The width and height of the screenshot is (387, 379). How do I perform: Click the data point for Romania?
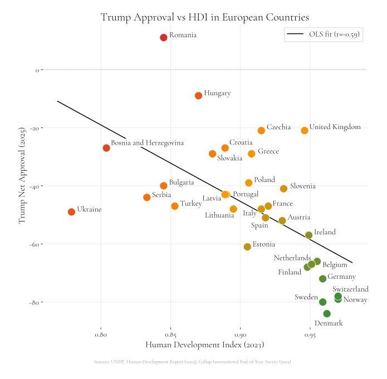pos(164,37)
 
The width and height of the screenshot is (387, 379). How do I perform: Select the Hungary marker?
pos(198,96)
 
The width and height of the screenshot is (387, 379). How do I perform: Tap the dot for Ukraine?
pos(71,212)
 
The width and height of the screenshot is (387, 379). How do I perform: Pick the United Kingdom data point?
pos(305,131)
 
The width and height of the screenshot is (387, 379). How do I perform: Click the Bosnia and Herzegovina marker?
pos(106,148)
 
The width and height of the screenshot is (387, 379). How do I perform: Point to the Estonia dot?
pos(247,247)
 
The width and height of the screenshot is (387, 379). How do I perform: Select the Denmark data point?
pos(327,314)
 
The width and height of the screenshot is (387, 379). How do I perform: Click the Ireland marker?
pos(308,235)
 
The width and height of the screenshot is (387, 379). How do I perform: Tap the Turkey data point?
pos(175,206)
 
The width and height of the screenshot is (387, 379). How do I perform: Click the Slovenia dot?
pos(283,189)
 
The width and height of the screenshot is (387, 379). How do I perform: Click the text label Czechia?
pos(278,127)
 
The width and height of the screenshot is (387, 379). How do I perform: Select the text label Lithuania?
pos(219,215)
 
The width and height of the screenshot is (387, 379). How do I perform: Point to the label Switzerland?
pos(350,289)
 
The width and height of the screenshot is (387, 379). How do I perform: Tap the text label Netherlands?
pos(292,258)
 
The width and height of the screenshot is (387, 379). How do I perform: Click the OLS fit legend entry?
pos(324,35)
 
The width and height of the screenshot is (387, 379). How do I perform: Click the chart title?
pos(204,17)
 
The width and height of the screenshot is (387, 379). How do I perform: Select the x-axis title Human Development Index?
pos(204,346)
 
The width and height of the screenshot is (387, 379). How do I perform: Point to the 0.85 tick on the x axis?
pos(170,336)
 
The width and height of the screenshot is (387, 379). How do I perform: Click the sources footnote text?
pos(193,362)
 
